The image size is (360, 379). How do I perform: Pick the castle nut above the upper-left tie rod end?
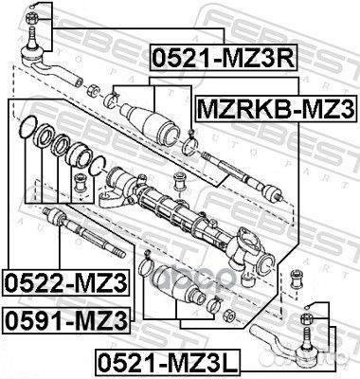tap(35, 13)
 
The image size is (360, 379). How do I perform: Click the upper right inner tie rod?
tap(246, 179)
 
